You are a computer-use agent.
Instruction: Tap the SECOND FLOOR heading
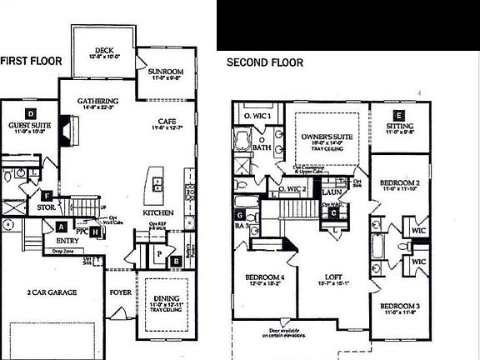pos(266,62)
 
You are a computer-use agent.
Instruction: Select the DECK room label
pos(105,51)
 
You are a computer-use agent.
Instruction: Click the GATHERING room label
pos(98,102)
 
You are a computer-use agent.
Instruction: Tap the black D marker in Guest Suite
pos(30,112)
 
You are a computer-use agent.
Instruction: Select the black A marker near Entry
pos(62,226)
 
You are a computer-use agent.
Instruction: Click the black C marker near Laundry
pos(335,212)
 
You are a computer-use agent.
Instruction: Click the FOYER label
pos(120,292)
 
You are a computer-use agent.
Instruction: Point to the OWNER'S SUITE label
pos(326,136)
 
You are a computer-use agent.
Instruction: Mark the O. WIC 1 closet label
pos(252,114)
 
